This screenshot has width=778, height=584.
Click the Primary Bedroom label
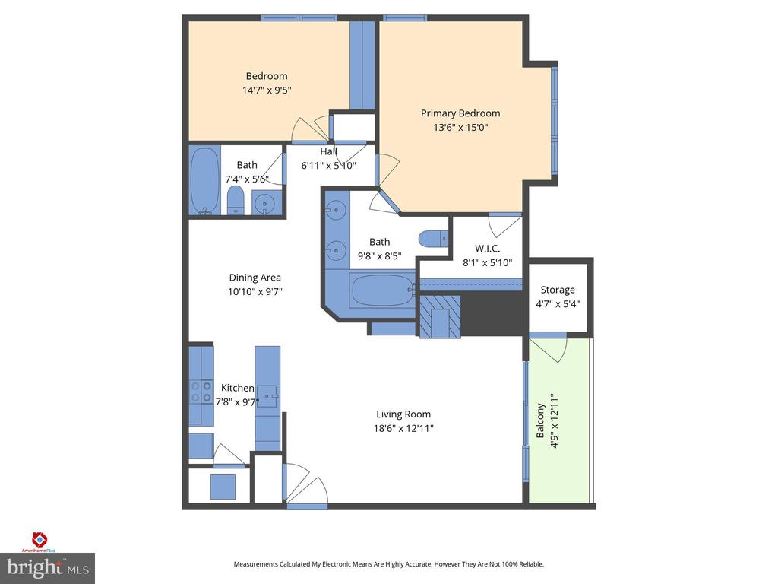click(460, 113)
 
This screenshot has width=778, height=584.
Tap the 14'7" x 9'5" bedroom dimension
click(266, 90)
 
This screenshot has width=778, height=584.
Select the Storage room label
click(558, 290)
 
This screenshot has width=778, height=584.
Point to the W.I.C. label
click(487, 248)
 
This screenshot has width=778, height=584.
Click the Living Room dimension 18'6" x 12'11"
click(403, 428)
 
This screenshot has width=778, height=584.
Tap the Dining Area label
click(255, 278)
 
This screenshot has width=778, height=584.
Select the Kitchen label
click(237, 388)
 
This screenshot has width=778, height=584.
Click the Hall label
click(328, 151)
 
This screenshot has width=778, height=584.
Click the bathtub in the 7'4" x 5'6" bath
click(204, 179)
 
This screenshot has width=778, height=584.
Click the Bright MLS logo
click(47, 568)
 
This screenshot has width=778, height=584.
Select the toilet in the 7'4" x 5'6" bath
click(236, 202)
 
